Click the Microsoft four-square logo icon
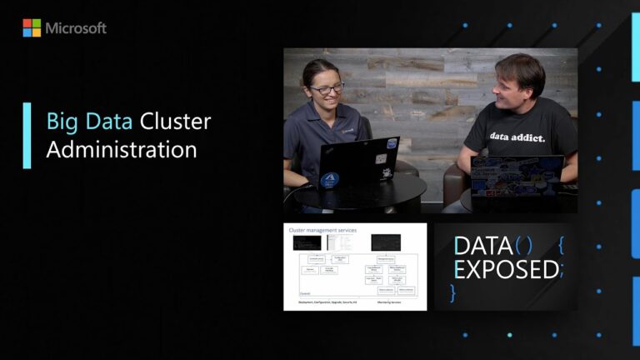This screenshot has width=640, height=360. [x=32, y=28]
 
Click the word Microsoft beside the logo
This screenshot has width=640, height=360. [x=76, y=28]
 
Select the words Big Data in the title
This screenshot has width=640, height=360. [x=89, y=122]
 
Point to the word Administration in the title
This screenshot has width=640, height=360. [x=122, y=150]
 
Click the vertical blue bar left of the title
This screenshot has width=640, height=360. [x=27, y=136]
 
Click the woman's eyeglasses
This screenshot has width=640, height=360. [x=327, y=88]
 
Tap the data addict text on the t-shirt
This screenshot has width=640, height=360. [x=517, y=137]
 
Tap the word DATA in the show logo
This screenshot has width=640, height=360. [x=483, y=246]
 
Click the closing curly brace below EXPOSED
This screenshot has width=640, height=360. [x=454, y=292]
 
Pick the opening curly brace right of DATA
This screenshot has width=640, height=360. [x=561, y=246]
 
